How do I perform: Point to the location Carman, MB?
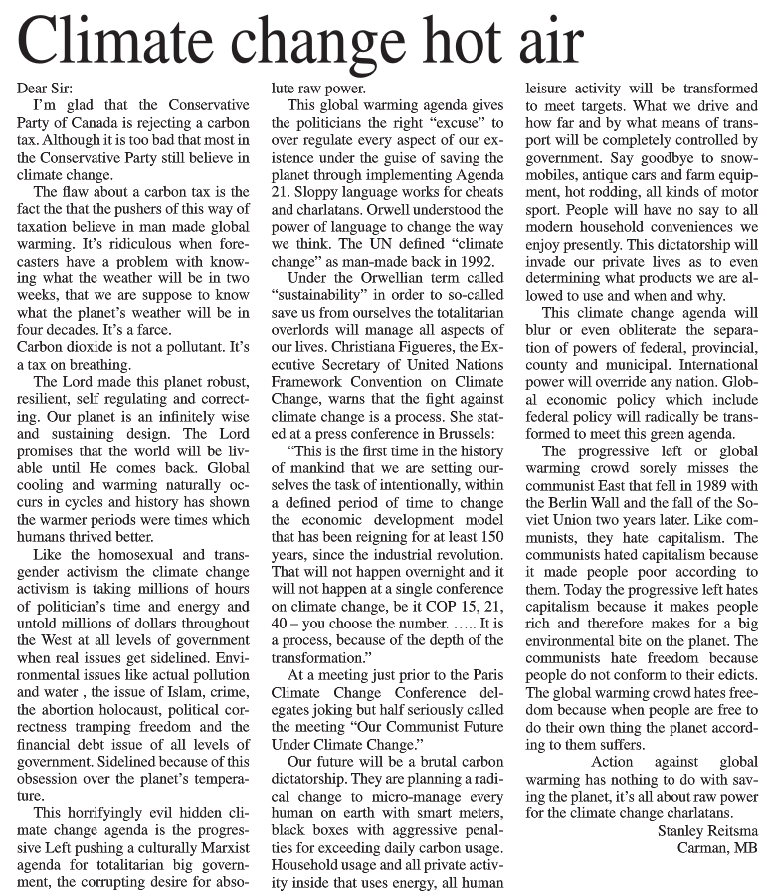coord(717,848)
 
